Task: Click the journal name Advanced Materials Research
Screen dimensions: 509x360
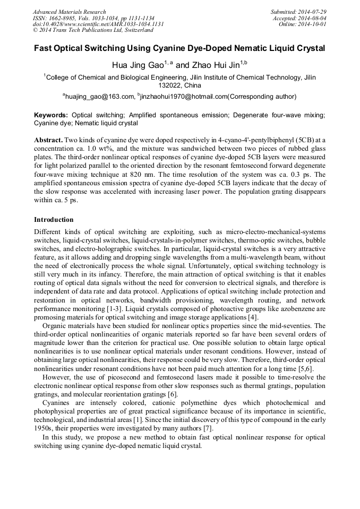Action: pos(69,12)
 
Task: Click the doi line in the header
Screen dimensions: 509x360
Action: pos(98,24)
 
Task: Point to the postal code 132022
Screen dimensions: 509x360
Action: pos(170,85)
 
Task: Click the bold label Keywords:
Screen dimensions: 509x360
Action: pos(51,115)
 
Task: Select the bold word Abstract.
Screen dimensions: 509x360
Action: pos(48,139)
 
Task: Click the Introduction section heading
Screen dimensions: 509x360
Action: pos(54,220)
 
